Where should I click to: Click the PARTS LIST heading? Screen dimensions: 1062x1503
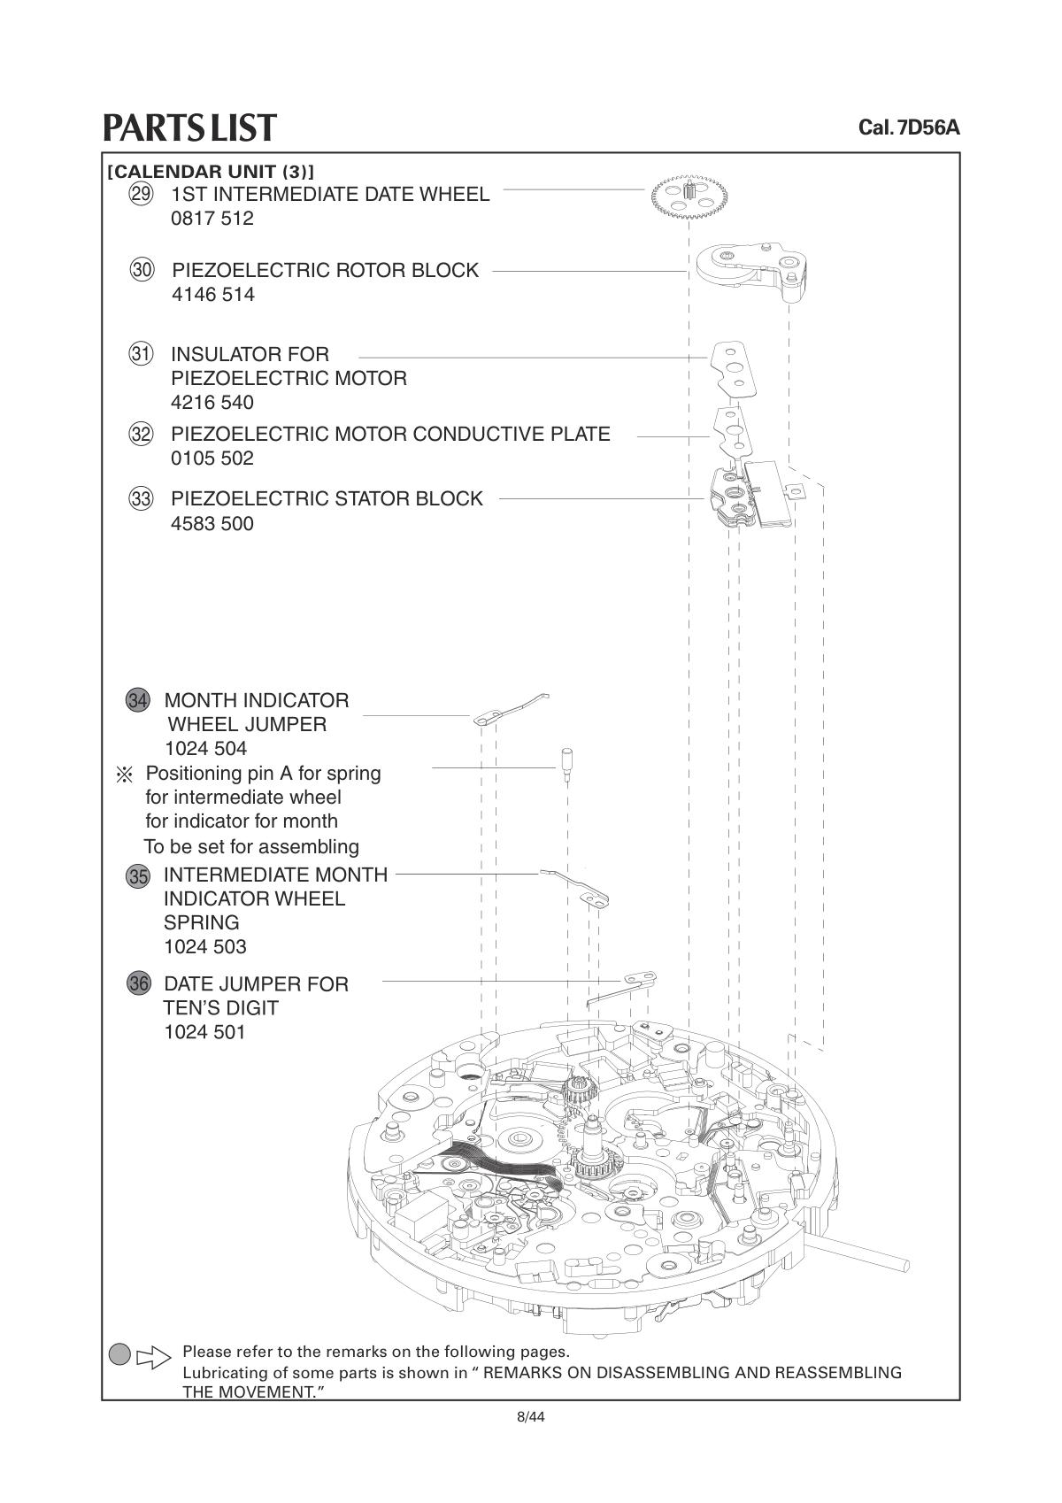pyautogui.click(x=189, y=127)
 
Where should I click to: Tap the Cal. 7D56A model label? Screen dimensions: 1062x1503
pyautogui.click(x=909, y=127)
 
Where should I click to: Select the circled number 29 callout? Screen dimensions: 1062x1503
pyautogui.click(x=141, y=195)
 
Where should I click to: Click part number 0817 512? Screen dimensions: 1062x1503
pyautogui.click(x=212, y=219)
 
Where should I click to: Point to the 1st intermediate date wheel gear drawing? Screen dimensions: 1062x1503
pyautogui.click(x=689, y=196)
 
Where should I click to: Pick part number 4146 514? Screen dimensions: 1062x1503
pyautogui.click(x=213, y=295)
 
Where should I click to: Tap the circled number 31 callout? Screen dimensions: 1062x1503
pyautogui.click(x=141, y=353)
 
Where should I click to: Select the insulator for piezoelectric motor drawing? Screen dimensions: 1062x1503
pyautogui.click(x=734, y=371)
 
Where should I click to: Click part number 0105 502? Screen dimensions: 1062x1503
pyautogui.click(x=212, y=459)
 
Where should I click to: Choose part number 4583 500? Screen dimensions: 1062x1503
pyautogui.click(x=212, y=523)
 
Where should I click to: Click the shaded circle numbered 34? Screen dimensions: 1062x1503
pyautogui.click(x=137, y=700)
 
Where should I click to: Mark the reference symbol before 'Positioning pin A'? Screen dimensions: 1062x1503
pyautogui.click(x=125, y=775)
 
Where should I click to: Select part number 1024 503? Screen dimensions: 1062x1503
pyautogui.click(x=205, y=947)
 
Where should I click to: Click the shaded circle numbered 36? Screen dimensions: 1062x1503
pyautogui.click(x=139, y=984)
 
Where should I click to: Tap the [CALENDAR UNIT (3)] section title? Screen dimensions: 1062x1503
pyautogui.click(x=211, y=171)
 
